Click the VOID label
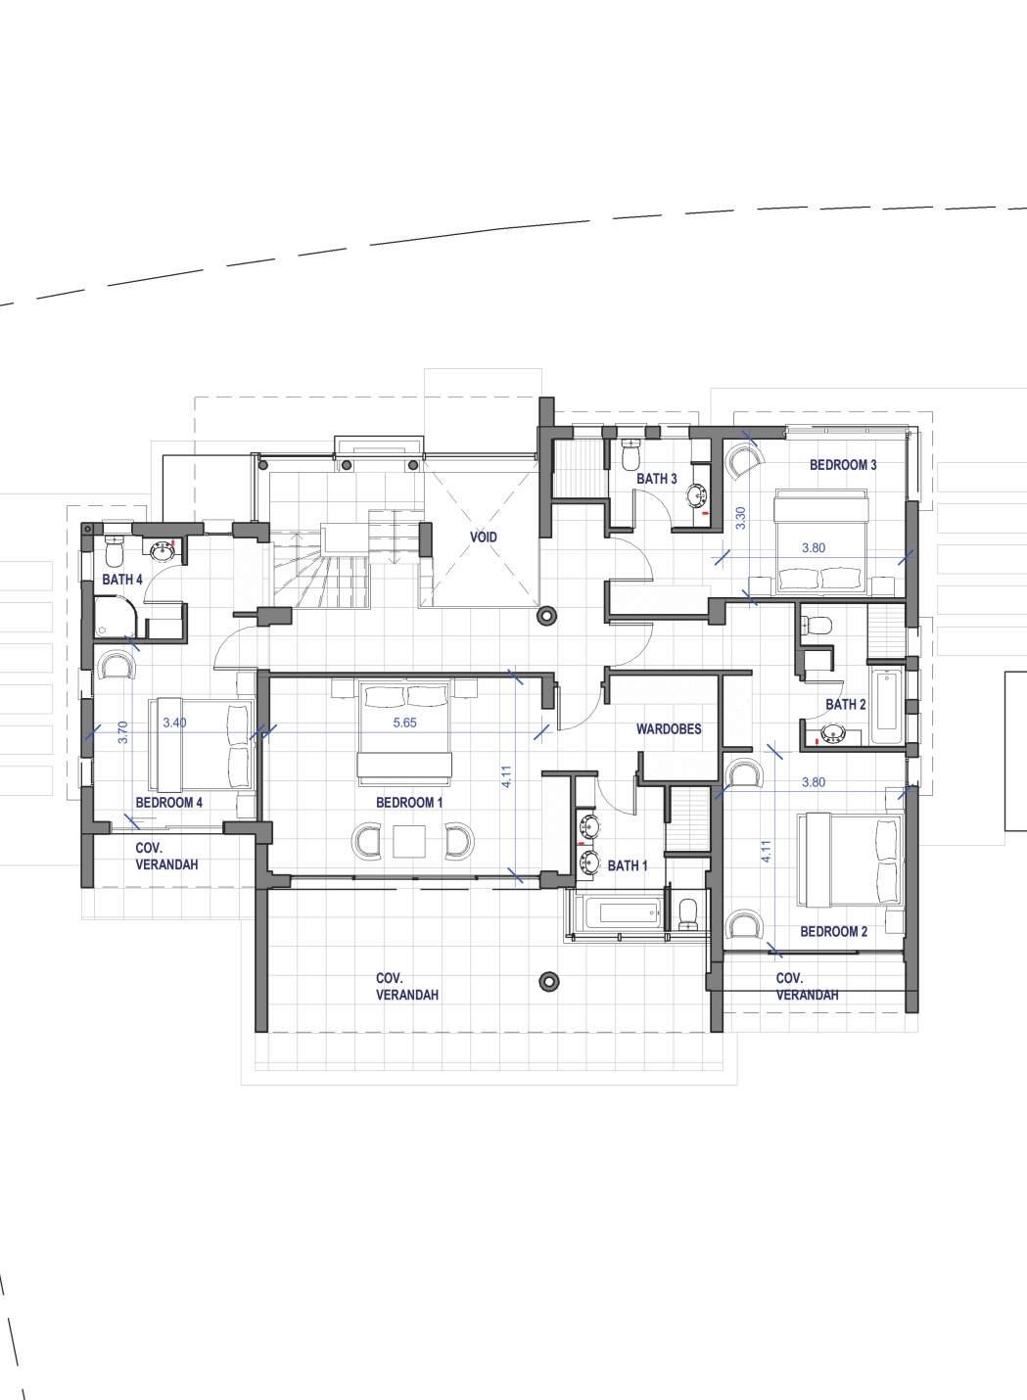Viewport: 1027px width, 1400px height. pyautogui.click(x=484, y=537)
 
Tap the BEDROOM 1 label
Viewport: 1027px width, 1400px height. pyautogui.click(x=409, y=803)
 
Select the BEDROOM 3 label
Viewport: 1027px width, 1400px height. pyautogui.click(x=843, y=465)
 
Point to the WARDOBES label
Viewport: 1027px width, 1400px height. pyautogui.click(x=669, y=728)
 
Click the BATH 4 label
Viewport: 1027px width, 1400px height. pyautogui.click(x=122, y=580)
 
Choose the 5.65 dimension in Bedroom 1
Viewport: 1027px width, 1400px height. pyautogui.click(x=404, y=723)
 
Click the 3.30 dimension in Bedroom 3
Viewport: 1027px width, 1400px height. pyautogui.click(x=741, y=518)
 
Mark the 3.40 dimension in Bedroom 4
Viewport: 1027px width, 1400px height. pyautogui.click(x=174, y=723)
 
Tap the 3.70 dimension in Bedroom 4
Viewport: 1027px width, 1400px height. pyautogui.click(x=122, y=732)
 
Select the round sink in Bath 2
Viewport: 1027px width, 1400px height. pyautogui.click(x=831, y=732)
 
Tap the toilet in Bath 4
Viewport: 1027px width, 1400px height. pyautogui.click(x=114, y=550)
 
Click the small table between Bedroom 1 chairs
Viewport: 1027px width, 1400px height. pyautogui.click(x=409, y=841)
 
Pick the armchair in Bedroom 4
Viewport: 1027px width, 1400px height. pyautogui.click(x=117, y=666)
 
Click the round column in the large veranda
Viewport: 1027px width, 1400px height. pyautogui.click(x=549, y=981)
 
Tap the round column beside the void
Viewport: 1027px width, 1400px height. pyautogui.click(x=547, y=616)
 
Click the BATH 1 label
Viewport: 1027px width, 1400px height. pyautogui.click(x=628, y=865)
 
